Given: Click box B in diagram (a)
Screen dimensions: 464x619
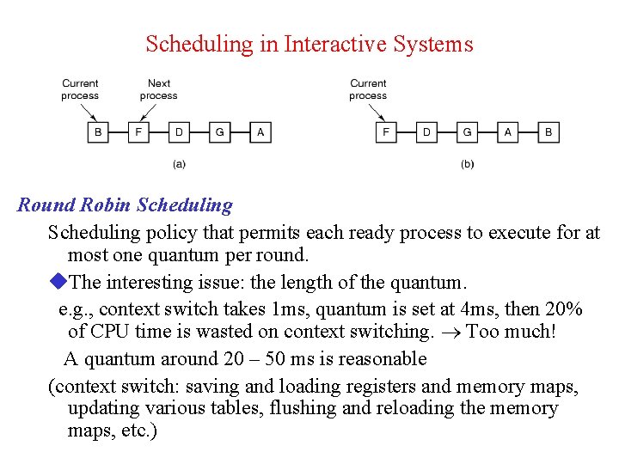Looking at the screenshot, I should (x=98, y=132).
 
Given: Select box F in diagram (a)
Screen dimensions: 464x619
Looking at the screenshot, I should (x=138, y=132).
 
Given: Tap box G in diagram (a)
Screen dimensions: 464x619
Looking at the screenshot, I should (x=220, y=132).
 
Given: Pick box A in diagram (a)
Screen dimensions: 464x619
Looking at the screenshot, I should (x=260, y=132).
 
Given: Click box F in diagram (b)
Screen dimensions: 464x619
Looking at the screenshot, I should (x=386, y=132).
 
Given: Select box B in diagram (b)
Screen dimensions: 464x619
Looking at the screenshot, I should (x=549, y=132).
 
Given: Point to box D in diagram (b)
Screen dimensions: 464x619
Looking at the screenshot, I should (x=426, y=132).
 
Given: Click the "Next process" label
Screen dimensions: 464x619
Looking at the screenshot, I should (x=158, y=89).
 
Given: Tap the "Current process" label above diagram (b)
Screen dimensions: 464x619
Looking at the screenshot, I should (x=368, y=89).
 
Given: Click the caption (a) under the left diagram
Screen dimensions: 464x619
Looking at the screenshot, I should (x=179, y=164).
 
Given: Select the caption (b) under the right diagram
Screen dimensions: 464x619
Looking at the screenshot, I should (x=467, y=164).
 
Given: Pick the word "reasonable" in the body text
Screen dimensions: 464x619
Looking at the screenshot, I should (x=377, y=358).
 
